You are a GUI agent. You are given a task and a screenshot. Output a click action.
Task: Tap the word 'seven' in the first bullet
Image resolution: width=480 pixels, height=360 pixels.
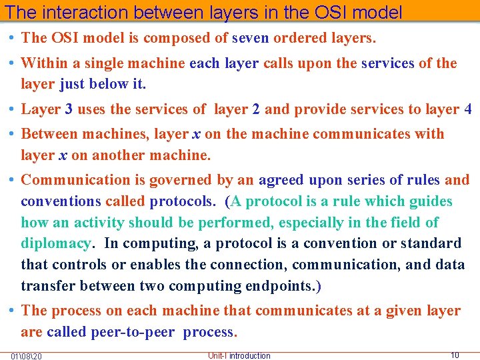click(x=250, y=39)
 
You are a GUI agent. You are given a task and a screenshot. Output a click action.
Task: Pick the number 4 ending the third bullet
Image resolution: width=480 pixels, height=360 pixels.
click(x=468, y=109)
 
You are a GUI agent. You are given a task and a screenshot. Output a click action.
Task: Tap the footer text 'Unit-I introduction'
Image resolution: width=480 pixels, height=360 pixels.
click(x=239, y=355)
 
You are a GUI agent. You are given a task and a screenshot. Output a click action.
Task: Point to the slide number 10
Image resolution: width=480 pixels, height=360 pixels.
click(x=455, y=355)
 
